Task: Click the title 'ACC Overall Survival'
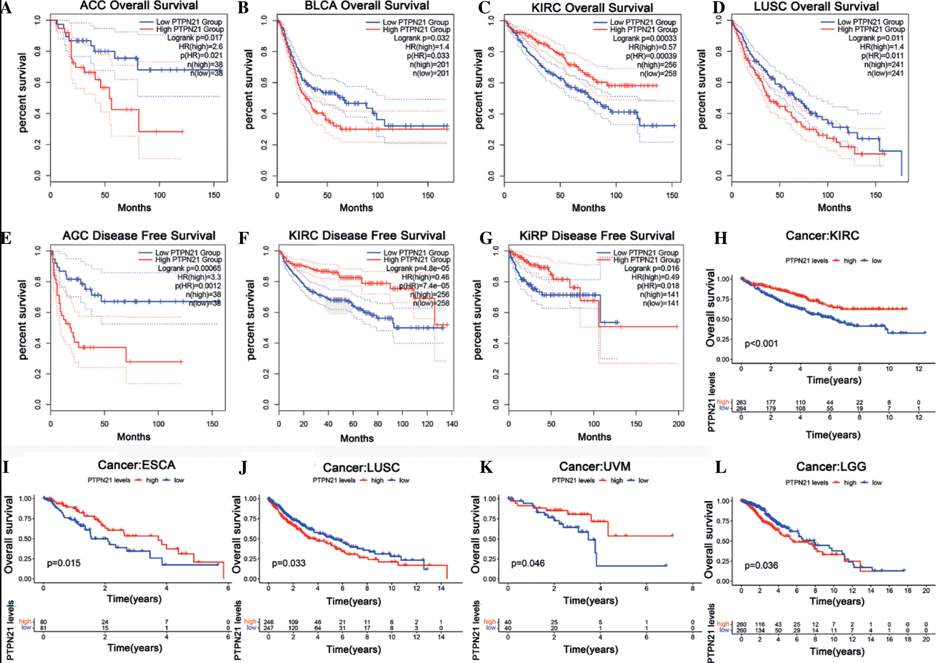(139, 6)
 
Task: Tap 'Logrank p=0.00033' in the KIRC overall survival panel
(645, 38)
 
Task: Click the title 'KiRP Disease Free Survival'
(597, 236)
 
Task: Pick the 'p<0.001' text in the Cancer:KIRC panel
(761, 343)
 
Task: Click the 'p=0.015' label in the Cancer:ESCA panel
(64, 563)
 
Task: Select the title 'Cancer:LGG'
(831, 466)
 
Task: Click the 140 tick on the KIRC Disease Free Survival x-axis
(452, 424)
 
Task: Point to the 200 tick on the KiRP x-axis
(678, 424)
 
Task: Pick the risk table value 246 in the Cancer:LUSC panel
(268, 622)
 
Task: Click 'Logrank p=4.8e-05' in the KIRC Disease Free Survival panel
(417, 268)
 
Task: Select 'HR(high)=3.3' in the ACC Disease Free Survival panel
(199, 277)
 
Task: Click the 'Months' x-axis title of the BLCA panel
(356, 208)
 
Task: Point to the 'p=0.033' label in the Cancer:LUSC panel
(289, 563)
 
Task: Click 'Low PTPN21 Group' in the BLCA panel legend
(415, 22)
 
